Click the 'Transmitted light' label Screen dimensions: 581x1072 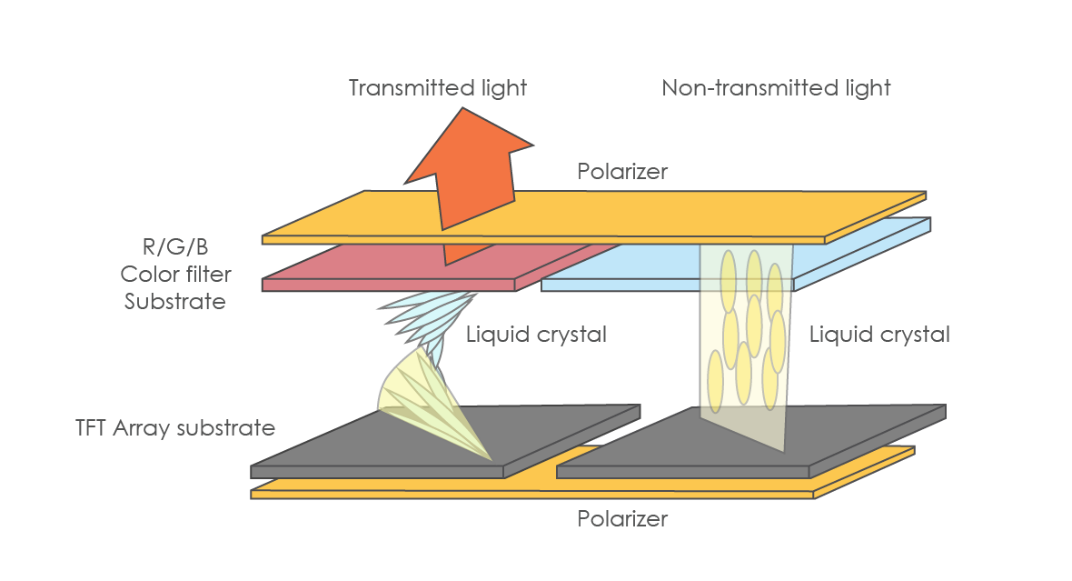[x=438, y=88]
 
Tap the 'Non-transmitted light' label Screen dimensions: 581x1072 [x=776, y=88]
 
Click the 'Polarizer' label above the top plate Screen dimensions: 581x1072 [x=622, y=171]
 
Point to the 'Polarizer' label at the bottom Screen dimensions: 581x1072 [x=622, y=519]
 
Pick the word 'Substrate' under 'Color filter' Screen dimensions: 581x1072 [x=174, y=301]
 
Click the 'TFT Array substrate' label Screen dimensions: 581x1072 [x=176, y=427]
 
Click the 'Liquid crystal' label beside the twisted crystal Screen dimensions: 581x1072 [x=536, y=335]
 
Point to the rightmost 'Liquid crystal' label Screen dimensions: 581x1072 [x=879, y=335]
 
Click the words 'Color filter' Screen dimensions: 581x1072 [x=175, y=274]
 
